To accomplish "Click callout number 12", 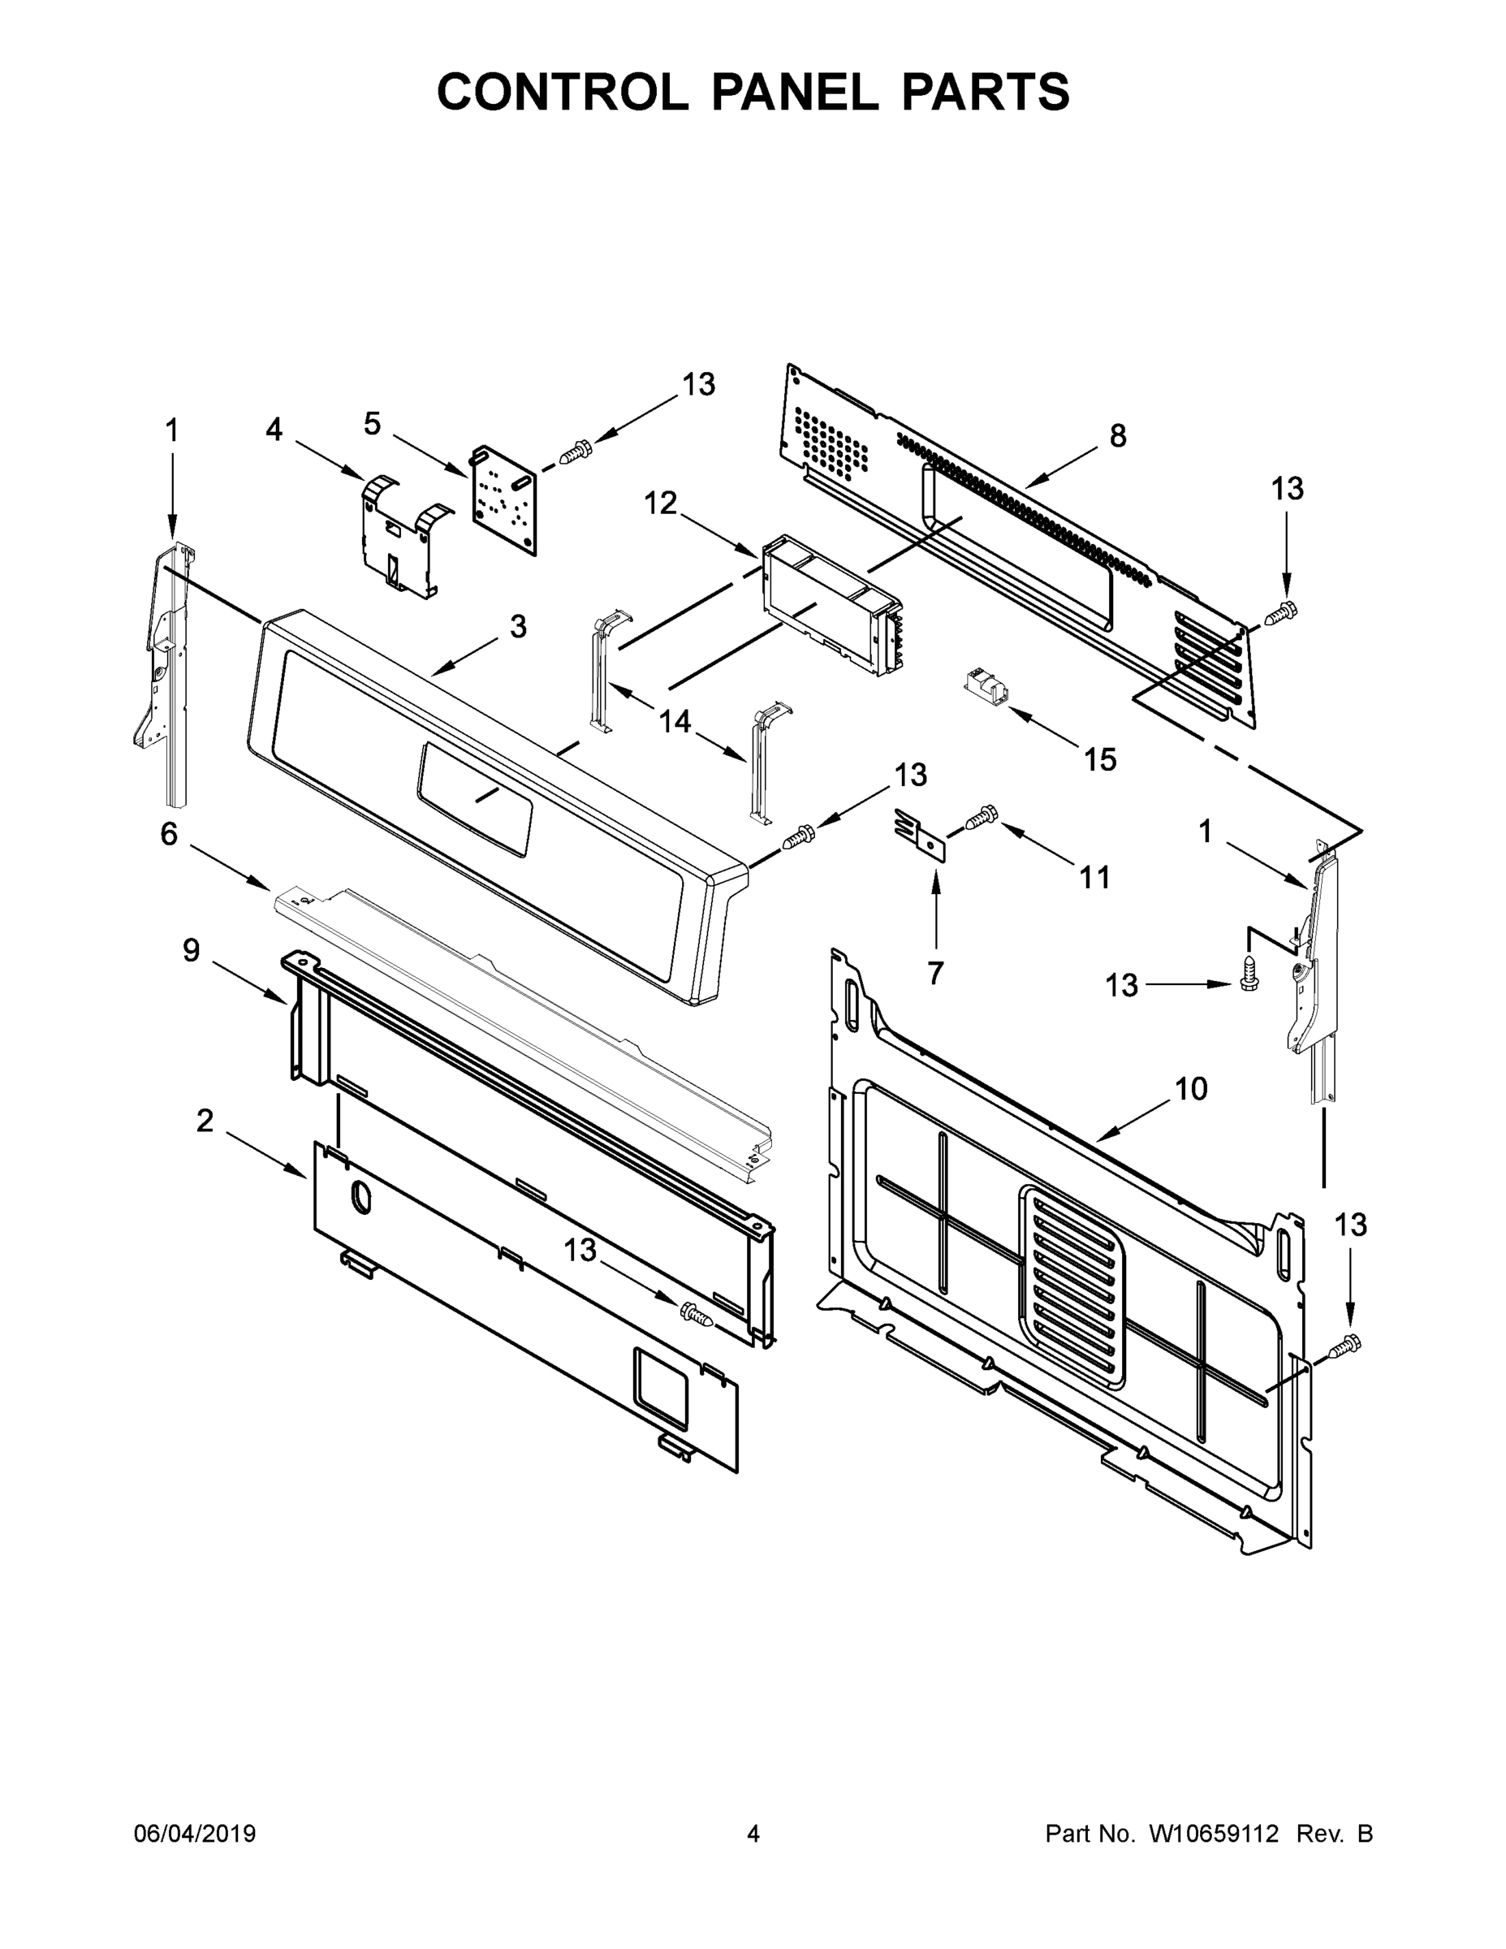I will [660, 503].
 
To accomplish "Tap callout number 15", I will [1099, 759].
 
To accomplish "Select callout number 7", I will [935, 973].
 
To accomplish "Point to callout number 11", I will [1094, 878].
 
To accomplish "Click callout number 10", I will [1191, 1089].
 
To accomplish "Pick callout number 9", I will [191, 951].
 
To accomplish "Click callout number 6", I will [169, 834].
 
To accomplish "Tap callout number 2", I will [205, 1121].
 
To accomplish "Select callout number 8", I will [1118, 435].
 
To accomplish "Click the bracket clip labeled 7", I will [919, 834].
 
